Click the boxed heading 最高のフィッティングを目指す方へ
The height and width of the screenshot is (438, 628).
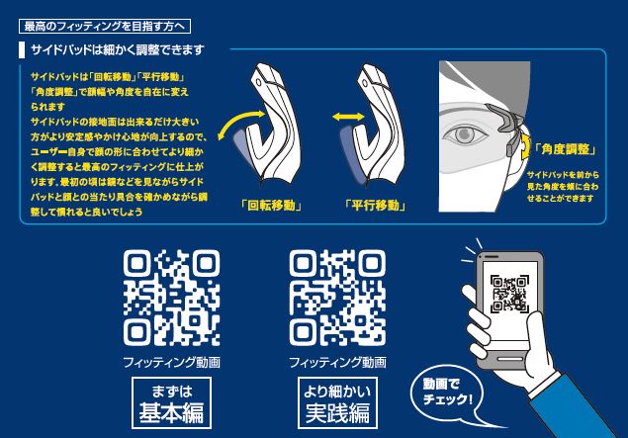click(105, 27)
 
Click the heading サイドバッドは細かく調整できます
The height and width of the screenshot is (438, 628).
click(118, 50)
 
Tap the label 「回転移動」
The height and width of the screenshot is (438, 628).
click(271, 206)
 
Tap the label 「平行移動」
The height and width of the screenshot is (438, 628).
click(375, 206)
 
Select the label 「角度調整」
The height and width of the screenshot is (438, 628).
click(565, 149)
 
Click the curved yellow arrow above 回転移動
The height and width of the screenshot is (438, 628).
click(239, 121)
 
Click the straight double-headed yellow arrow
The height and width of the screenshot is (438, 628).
click(348, 117)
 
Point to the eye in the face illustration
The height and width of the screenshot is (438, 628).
click(465, 134)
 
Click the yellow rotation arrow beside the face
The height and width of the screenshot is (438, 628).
click(525, 147)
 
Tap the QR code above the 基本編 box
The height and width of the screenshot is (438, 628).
click(171, 298)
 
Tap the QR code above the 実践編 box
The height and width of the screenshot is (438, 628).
click(337, 298)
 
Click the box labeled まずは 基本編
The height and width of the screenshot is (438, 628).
click(171, 402)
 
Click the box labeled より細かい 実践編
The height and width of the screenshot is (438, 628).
click(337, 402)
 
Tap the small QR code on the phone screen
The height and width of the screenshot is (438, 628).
click(509, 294)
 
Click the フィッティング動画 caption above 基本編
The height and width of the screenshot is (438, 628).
click(171, 362)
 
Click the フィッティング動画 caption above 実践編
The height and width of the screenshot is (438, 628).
click(337, 362)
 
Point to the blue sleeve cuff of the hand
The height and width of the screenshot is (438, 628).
click(546, 386)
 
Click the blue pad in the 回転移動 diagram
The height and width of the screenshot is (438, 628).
click(243, 148)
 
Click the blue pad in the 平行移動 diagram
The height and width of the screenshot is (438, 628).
click(351, 154)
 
